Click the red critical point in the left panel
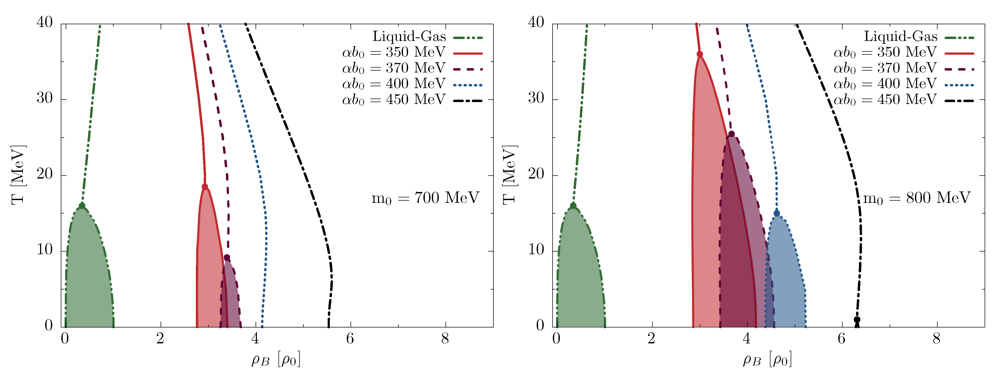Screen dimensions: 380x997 point(205,187)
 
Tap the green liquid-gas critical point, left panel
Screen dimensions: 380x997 point(82,206)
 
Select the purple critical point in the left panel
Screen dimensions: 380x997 point(227,257)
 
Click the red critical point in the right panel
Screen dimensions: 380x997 point(700,54)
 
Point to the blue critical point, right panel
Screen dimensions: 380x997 point(776,214)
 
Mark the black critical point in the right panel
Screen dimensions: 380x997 point(857,320)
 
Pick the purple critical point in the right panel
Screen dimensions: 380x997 point(731,134)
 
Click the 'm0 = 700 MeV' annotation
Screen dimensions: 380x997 point(425,198)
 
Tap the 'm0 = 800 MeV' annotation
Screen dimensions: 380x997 point(917,198)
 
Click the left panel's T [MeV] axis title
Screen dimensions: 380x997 point(18,175)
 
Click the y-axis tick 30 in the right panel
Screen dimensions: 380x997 point(536,98)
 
